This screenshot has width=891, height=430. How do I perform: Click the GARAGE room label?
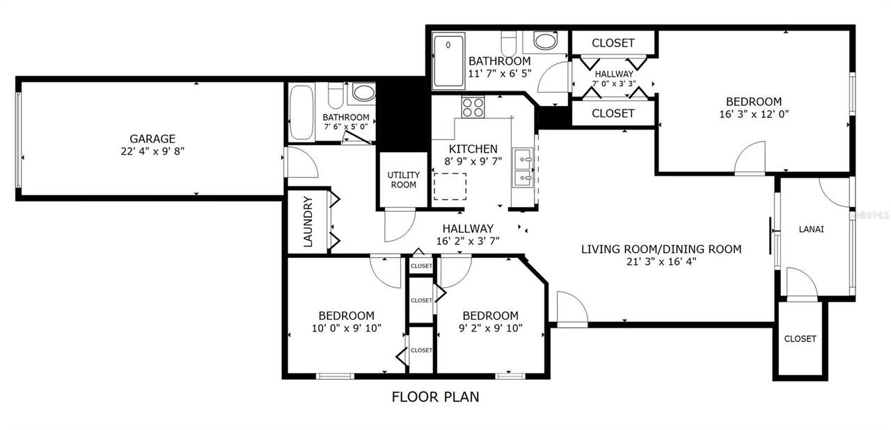(x=152, y=139)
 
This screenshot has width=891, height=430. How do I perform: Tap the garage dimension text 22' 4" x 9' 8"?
(x=152, y=151)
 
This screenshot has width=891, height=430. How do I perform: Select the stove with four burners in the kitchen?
(x=473, y=107)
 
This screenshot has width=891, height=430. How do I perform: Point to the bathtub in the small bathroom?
(x=301, y=112)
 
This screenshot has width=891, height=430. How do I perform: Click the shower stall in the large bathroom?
(x=449, y=61)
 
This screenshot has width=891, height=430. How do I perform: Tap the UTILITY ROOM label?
(x=403, y=180)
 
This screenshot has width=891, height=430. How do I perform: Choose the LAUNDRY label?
(x=307, y=222)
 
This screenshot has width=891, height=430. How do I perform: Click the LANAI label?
(x=811, y=229)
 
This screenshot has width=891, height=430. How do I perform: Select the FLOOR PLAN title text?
(x=435, y=397)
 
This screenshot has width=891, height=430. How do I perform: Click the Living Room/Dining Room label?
(x=661, y=249)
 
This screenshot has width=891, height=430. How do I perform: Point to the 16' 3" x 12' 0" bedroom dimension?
(x=755, y=114)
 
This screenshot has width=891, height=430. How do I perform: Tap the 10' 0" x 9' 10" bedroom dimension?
(x=346, y=328)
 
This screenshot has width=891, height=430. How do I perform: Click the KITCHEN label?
(x=473, y=149)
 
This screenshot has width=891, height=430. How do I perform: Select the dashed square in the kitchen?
(x=449, y=187)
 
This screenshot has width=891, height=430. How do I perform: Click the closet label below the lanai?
(x=800, y=339)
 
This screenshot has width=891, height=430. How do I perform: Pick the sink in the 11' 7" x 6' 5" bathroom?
(x=545, y=40)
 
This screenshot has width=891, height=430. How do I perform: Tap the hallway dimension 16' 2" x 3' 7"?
(x=468, y=241)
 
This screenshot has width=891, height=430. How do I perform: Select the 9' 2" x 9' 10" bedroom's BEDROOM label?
(x=490, y=315)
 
